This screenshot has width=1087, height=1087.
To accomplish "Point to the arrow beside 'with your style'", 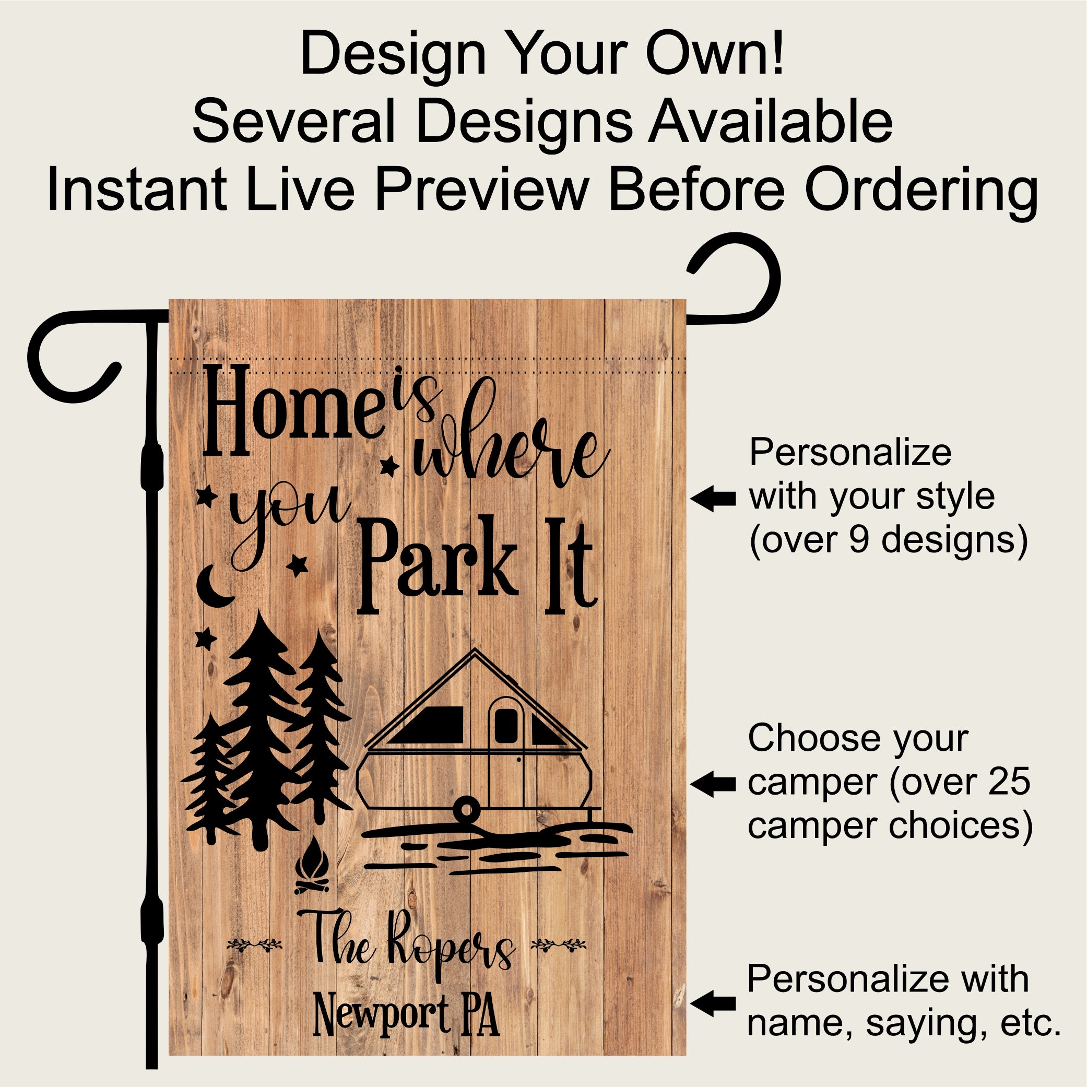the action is (713, 499).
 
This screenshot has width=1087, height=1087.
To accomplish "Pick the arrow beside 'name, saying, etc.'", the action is (713, 1003).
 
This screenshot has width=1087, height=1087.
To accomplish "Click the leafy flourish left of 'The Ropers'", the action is (254, 943).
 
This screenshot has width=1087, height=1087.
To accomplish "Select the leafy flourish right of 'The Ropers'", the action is (559, 943).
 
